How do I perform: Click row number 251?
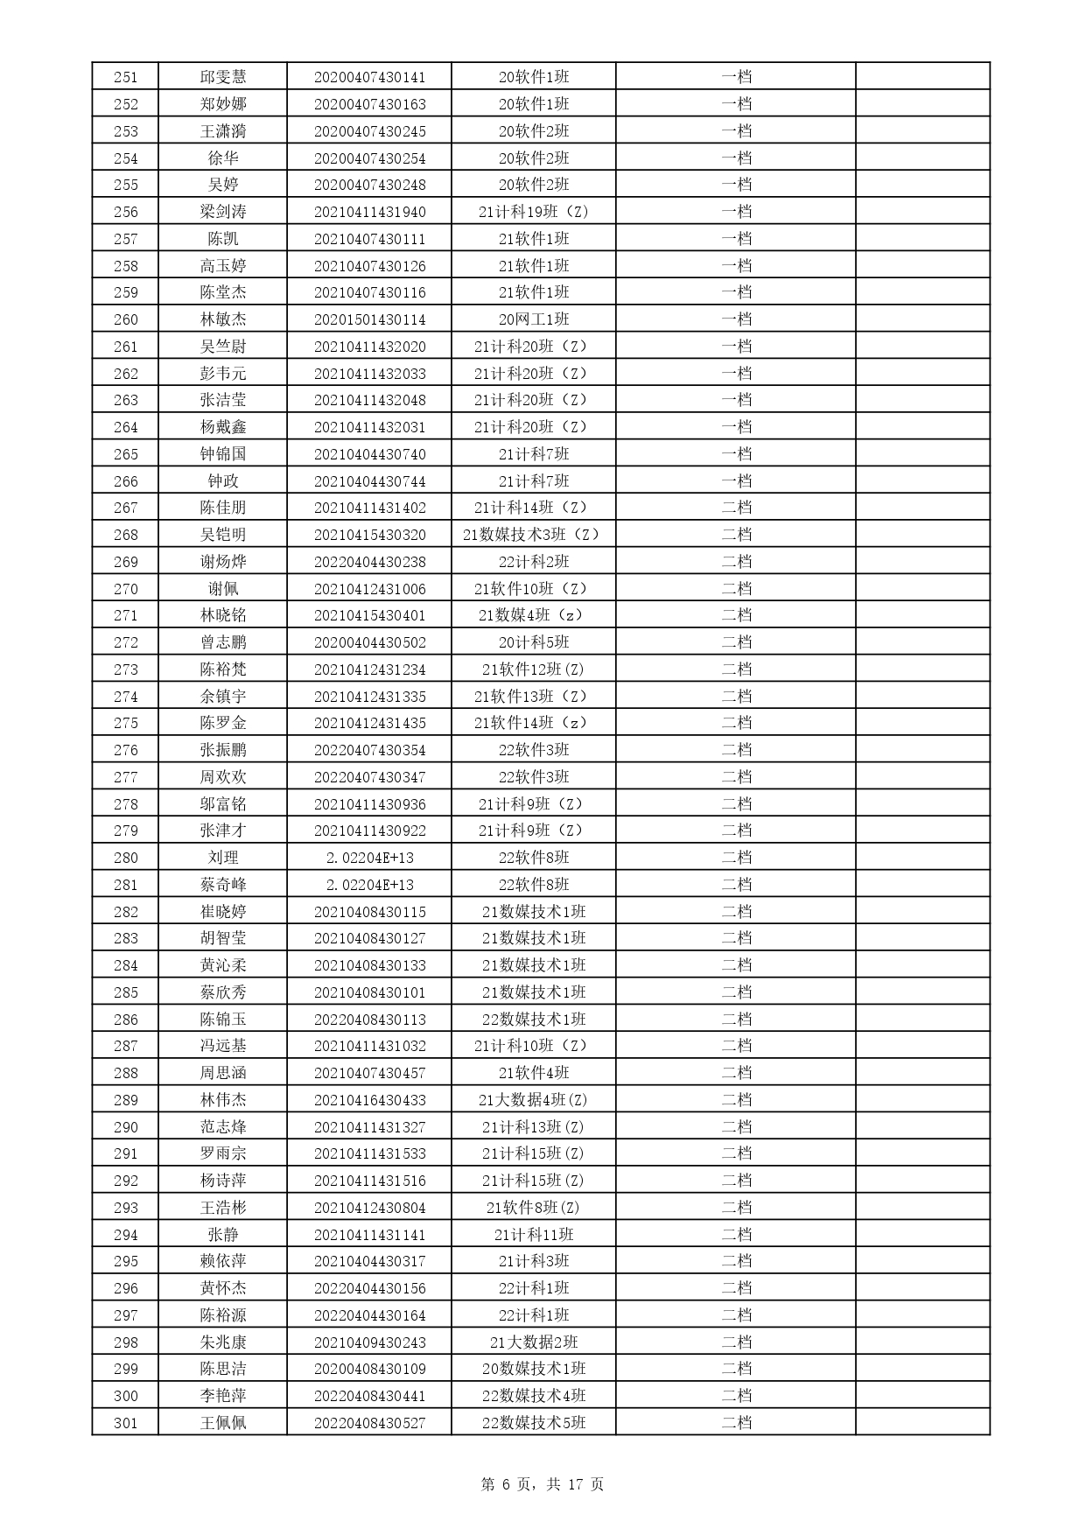pyautogui.click(x=125, y=77)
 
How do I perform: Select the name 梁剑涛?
pyautogui.click(x=222, y=212)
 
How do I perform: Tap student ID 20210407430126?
pyautogui.click(x=369, y=266)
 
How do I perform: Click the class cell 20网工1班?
pyautogui.click(x=533, y=319)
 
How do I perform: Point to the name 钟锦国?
pyautogui.click(x=222, y=454)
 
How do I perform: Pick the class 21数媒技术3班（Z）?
pyautogui.click(x=533, y=535)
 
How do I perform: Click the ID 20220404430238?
pyautogui.click(x=369, y=562)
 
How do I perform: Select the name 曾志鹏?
pyautogui.click(x=222, y=642)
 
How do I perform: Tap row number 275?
pyautogui.click(x=125, y=723)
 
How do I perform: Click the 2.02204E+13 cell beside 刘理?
pyautogui.click(x=369, y=858)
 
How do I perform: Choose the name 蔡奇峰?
pyautogui.click(x=222, y=885)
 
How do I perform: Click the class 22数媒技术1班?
pyautogui.click(x=533, y=1020)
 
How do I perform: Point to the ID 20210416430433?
pyautogui.click(x=369, y=1100)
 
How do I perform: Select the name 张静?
pyautogui.click(x=222, y=1235)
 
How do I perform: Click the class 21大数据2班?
pyautogui.click(x=533, y=1342)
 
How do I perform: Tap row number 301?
pyautogui.click(x=125, y=1423)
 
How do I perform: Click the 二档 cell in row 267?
pyautogui.click(x=736, y=508)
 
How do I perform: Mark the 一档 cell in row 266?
pyautogui.click(x=736, y=481)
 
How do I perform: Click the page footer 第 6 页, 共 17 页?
pyautogui.click(x=543, y=1484)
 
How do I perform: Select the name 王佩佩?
pyautogui.click(x=222, y=1423)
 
